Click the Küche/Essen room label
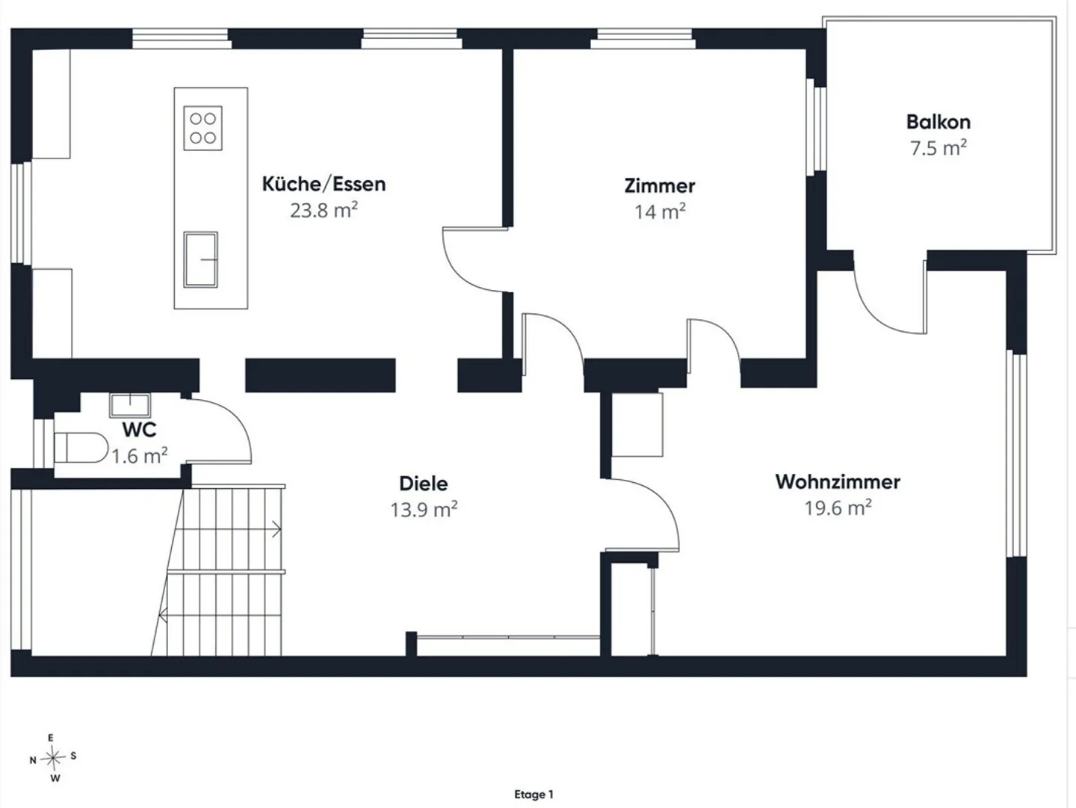pyautogui.click(x=324, y=184)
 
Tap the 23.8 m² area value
pyautogui.click(x=324, y=210)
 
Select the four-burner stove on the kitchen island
pyautogui.click(x=203, y=128)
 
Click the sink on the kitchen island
pyautogui.click(x=200, y=259)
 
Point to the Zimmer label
pyautogui.click(x=659, y=186)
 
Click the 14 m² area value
pyautogui.click(x=660, y=212)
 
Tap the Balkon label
pyautogui.click(x=938, y=122)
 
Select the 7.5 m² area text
pyautogui.click(x=939, y=147)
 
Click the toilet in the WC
pyautogui.click(x=81, y=447)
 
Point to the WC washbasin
pyautogui.click(x=130, y=405)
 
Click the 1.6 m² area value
pyautogui.click(x=140, y=455)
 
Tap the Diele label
pyautogui.click(x=424, y=484)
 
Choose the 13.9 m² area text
pyautogui.click(x=424, y=509)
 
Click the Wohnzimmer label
pyautogui.click(x=838, y=481)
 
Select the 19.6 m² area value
pyautogui.click(x=838, y=508)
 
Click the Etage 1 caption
pyautogui.click(x=534, y=794)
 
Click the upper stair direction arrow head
pyautogui.click(x=278, y=529)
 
